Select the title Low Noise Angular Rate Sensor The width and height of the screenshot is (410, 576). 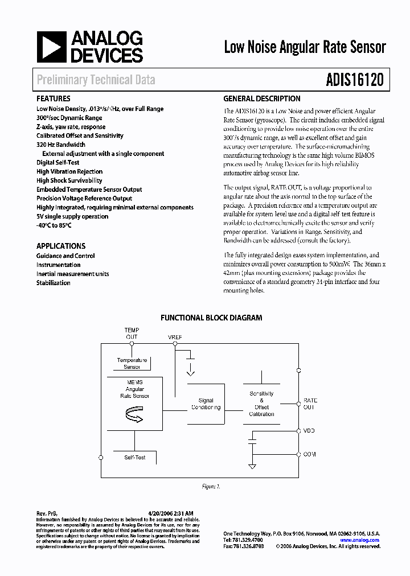pyautogui.click(x=305, y=47)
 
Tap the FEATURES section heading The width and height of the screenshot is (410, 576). pyautogui.click(x=54, y=98)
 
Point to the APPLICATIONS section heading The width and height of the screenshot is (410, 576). pyautogui.click(x=61, y=246)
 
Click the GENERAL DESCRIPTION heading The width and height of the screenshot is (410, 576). pyautogui.click(x=262, y=98)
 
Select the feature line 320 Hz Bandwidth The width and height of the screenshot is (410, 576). pyautogui.click(x=61, y=145)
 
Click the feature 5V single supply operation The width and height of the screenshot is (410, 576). pyautogui.click(x=72, y=216)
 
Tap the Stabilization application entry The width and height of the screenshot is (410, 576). pyautogui.click(x=54, y=283)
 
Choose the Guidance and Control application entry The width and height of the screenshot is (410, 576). pyautogui.click(x=65, y=256)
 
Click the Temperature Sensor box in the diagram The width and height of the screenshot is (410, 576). pyautogui.click(x=132, y=364)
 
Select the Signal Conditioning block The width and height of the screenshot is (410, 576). pyautogui.click(x=206, y=404)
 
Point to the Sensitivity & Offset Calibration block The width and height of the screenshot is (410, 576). pyautogui.click(x=261, y=404)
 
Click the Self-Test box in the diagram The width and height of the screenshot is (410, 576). pyautogui.click(x=135, y=457)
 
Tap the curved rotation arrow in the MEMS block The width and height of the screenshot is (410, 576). pyautogui.click(x=132, y=418)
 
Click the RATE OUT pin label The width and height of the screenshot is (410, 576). pyautogui.click(x=310, y=404)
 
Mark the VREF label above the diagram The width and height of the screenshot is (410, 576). pyautogui.click(x=175, y=338)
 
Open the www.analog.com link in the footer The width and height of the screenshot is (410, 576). pyautogui.click(x=360, y=540)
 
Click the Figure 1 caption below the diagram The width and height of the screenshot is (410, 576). pyautogui.click(x=211, y=487)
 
